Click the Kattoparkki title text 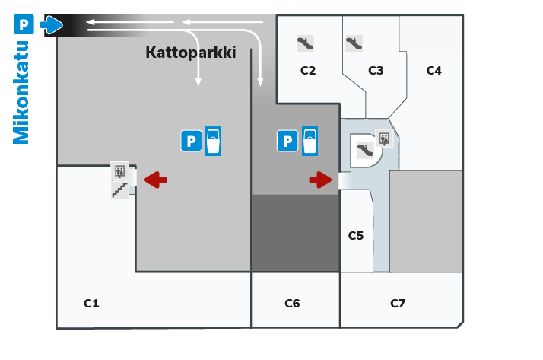coord(191,53)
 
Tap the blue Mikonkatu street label coord(21,93)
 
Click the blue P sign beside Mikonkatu coord(24,24)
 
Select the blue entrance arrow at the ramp coord(51,24)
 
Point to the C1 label coord(91,304)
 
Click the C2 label coord(308,71)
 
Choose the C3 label coord(376,71)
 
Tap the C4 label coord(434,71)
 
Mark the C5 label coord(356,236)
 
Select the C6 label coord(292,304)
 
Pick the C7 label coord(398,304)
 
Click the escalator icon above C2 coord(305,43)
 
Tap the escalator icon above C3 coord(354,43)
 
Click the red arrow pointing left coord(155,180)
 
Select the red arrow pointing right coord(320,180)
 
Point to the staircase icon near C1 coord(120,190)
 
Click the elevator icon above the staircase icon coord(120,170)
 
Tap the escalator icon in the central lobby coord(365,151)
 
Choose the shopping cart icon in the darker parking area coord(310,141)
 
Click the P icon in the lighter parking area coord(191,141)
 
